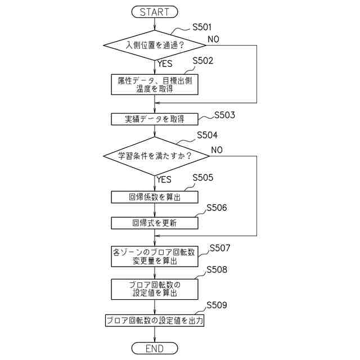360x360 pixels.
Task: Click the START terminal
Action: coord(154,11)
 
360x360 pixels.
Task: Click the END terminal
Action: coord(154,349)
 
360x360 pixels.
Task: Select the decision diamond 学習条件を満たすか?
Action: coord(154,156)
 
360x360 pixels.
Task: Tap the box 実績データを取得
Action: coord(154,119)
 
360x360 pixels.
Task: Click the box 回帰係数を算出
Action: coord(154,197)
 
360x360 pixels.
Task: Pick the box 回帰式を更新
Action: coord(154,223)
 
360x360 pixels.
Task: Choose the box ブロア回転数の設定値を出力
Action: coord(154,321)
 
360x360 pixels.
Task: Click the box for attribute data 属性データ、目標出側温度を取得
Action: coord(154,84)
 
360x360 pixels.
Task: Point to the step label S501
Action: coord(202,26)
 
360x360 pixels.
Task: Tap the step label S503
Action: coord(224,115)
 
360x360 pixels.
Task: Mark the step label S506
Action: coord(217,208)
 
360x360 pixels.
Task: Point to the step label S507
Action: coord(220,247)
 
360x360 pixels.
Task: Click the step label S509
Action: coord(217,305)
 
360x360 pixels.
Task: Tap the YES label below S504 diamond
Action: coord(164,180)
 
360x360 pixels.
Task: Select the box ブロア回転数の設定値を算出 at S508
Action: coord(154,289)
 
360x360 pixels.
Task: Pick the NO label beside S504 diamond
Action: coord(217,150)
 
